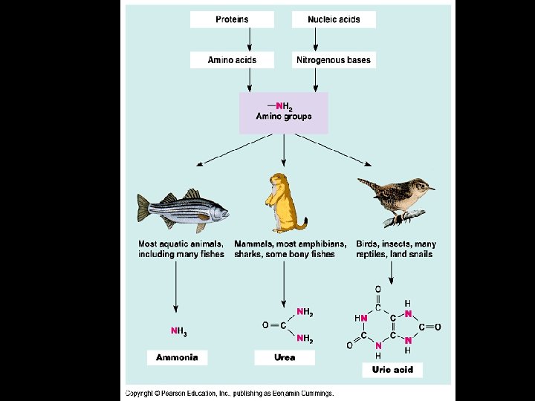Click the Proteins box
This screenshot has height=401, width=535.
(232, 19)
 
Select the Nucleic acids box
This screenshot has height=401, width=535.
(334, 19)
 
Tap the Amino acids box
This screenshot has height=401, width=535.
(232, 60)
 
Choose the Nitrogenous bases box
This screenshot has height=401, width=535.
(333, 60)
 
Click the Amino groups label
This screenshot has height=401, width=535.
(284, 117)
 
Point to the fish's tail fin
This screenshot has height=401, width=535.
(143, 208)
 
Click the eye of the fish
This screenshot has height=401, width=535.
(215, 208)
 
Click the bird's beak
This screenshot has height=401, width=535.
(431, 189)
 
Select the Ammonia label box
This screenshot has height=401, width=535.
(177, 357)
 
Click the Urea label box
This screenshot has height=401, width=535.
(285, 357)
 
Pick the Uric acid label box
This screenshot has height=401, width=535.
(392, 369)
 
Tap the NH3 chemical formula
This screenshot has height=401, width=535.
(178, 331)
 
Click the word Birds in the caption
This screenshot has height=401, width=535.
(369, 244)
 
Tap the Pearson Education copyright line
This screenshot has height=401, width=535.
(230, 393)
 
